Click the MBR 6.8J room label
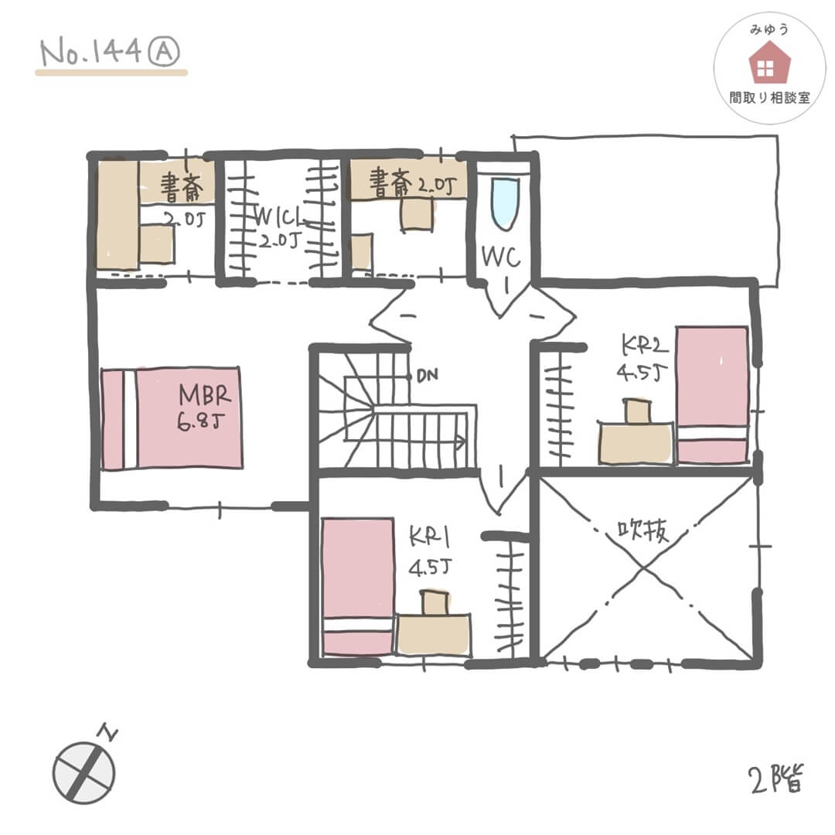[x=206, y=407]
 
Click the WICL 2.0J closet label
[x=278, y=227]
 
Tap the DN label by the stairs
[x=426, y=377]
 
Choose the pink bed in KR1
[x=358, y=586]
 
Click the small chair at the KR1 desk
[x=434, y=602]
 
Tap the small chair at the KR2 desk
[x=638, y=410]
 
